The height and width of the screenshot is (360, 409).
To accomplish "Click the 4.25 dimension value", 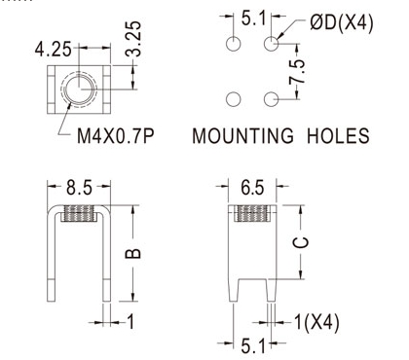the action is (53, 50).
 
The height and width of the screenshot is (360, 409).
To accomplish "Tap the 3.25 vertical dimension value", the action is (133, 39).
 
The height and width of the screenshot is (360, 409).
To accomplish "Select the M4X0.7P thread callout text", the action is (115, 136).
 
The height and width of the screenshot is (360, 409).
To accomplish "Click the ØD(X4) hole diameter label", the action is (342, 23).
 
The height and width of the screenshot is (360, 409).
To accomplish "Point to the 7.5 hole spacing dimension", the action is (298, 71).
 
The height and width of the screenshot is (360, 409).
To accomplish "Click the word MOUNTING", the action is (242, 136).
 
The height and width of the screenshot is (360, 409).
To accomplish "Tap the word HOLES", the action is (338, 136).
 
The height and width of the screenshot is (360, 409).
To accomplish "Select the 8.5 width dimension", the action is (79, 188).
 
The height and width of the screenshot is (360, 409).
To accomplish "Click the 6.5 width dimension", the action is (252, 188).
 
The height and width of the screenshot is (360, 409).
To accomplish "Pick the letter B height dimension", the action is (133, 253).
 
